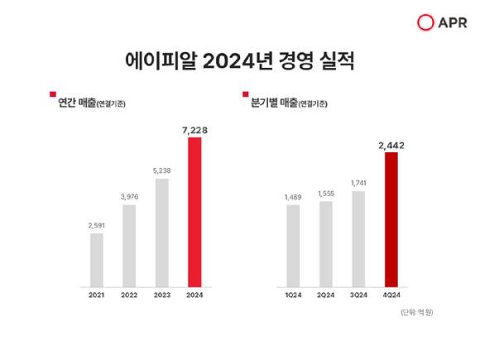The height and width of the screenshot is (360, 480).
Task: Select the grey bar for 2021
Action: (97, 258)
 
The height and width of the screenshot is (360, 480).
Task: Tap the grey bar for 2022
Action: (129, 244)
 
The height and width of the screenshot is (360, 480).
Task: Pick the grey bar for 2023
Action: (162, 231)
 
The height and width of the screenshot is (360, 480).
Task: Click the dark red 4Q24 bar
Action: (391, 218)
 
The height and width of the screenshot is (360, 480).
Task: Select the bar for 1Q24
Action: (293, 244)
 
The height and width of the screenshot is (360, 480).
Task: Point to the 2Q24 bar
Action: (326, 242)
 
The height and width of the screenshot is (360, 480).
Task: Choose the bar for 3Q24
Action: (358, 238)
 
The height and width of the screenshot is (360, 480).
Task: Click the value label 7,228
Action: (194, 129)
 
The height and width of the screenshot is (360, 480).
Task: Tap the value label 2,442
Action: (391, 145)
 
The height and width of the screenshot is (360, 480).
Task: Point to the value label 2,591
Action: (97, 225)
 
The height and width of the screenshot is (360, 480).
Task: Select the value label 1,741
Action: (358, 184)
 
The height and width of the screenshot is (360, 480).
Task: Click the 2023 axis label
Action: (162, 294)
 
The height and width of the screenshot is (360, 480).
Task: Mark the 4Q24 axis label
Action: (391, 294)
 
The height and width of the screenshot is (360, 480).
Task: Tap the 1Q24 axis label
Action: (293, 294)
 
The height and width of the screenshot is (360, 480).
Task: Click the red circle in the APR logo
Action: (426, 22)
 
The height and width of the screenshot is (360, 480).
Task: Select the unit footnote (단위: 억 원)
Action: (415, 312)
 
